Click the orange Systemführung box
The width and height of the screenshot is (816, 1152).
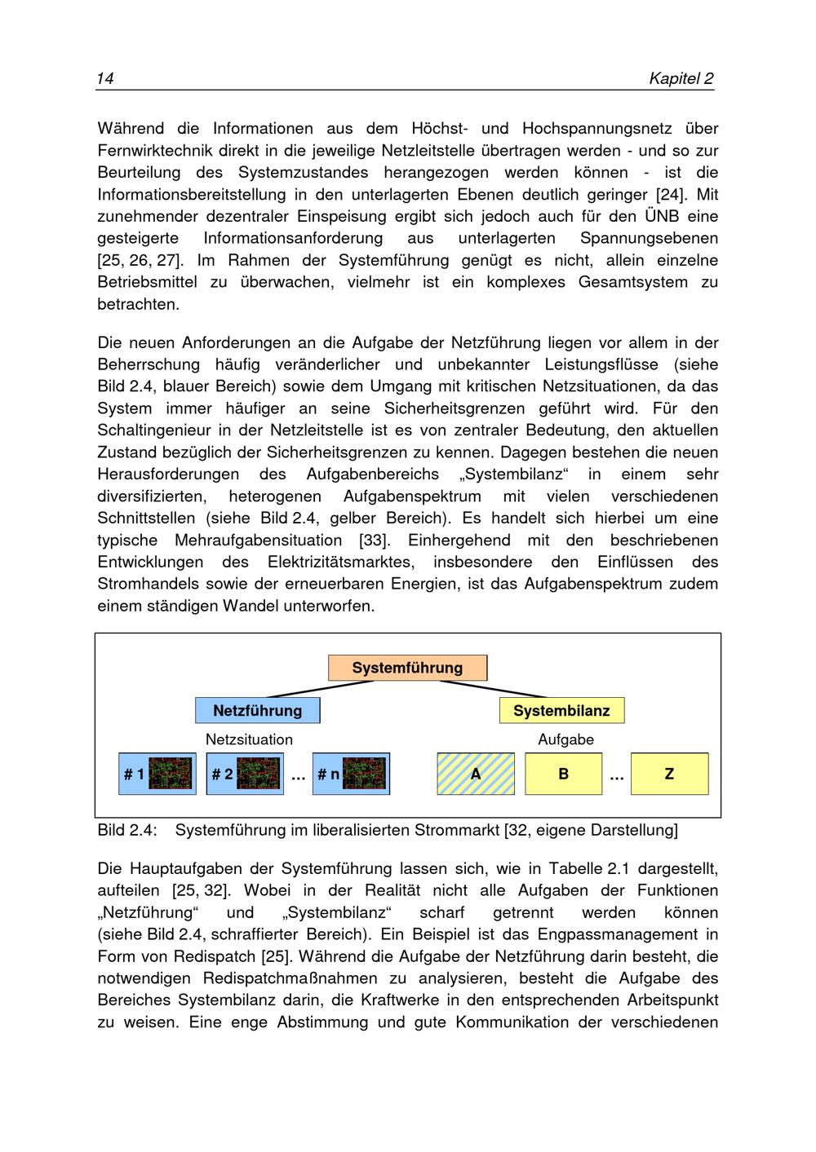pyautogui.click(x=407, y=668)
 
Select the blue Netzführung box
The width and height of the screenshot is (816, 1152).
pyautogui.click(x=257, y=710)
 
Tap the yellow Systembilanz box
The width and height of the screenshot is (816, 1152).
pyautogui.click(x=561, y=710)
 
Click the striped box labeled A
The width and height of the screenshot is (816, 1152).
pyautogui.click(x=476, y=774)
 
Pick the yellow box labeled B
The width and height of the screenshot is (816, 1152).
pyautogui.click(x=563, y=774)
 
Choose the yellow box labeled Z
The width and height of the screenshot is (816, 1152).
pyautogui.click(x=669, y=774)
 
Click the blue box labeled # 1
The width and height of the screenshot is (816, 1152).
pyautogui.click(x=157, y=774)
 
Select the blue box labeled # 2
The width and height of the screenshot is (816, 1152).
pyautogui.click(x=245, y=774)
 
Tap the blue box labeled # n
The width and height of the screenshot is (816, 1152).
pyautogui.click(x=351, y=774)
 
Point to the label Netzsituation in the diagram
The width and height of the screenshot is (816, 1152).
pyautogui.click(x=249, y=739)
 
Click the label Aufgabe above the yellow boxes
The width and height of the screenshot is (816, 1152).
pyautogui.click(x=565, y=739)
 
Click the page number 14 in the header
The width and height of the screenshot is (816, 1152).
pyautogui.click(x=105, y=78)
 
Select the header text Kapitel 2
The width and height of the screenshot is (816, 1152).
pyautogui.click(x=681, y=78)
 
